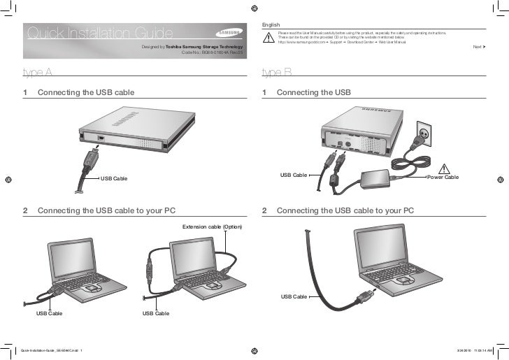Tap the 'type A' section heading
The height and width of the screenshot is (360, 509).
point(37,72)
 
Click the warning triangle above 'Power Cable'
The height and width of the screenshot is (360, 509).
point(443,168)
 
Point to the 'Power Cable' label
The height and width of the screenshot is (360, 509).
point(443,178)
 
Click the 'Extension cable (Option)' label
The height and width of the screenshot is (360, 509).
point(212,227)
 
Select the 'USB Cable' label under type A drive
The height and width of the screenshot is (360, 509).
point(114,179)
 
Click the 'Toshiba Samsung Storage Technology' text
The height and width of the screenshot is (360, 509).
point(203,45)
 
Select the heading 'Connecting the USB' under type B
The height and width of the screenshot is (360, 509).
point(313,92)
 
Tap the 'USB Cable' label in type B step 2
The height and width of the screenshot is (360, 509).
point(294,297)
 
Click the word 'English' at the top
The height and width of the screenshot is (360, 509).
point(270,24)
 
